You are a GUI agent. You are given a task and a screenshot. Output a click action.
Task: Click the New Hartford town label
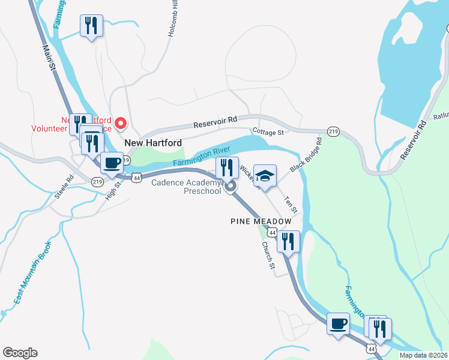coord(152,143)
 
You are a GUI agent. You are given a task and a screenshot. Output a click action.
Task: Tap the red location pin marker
coord(121,124)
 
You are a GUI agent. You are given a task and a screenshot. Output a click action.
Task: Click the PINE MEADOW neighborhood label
coord(261,221)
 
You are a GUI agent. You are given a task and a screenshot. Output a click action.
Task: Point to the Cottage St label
coord(268,131)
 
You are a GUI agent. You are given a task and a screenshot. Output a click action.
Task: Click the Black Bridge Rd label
coord(306,155)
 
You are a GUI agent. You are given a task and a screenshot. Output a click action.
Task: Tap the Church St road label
coord(268,255)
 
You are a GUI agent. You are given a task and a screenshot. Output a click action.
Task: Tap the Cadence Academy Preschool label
coord(186,187)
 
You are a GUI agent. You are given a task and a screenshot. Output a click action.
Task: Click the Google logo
coord(20,353)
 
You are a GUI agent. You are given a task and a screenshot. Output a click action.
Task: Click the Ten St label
coord(291,203)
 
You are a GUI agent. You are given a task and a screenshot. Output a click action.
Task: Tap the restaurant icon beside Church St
coord(288,241)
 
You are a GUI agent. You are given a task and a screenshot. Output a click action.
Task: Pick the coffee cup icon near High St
coord(112,162)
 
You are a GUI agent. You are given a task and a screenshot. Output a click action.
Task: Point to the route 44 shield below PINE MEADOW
coord(273,233)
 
